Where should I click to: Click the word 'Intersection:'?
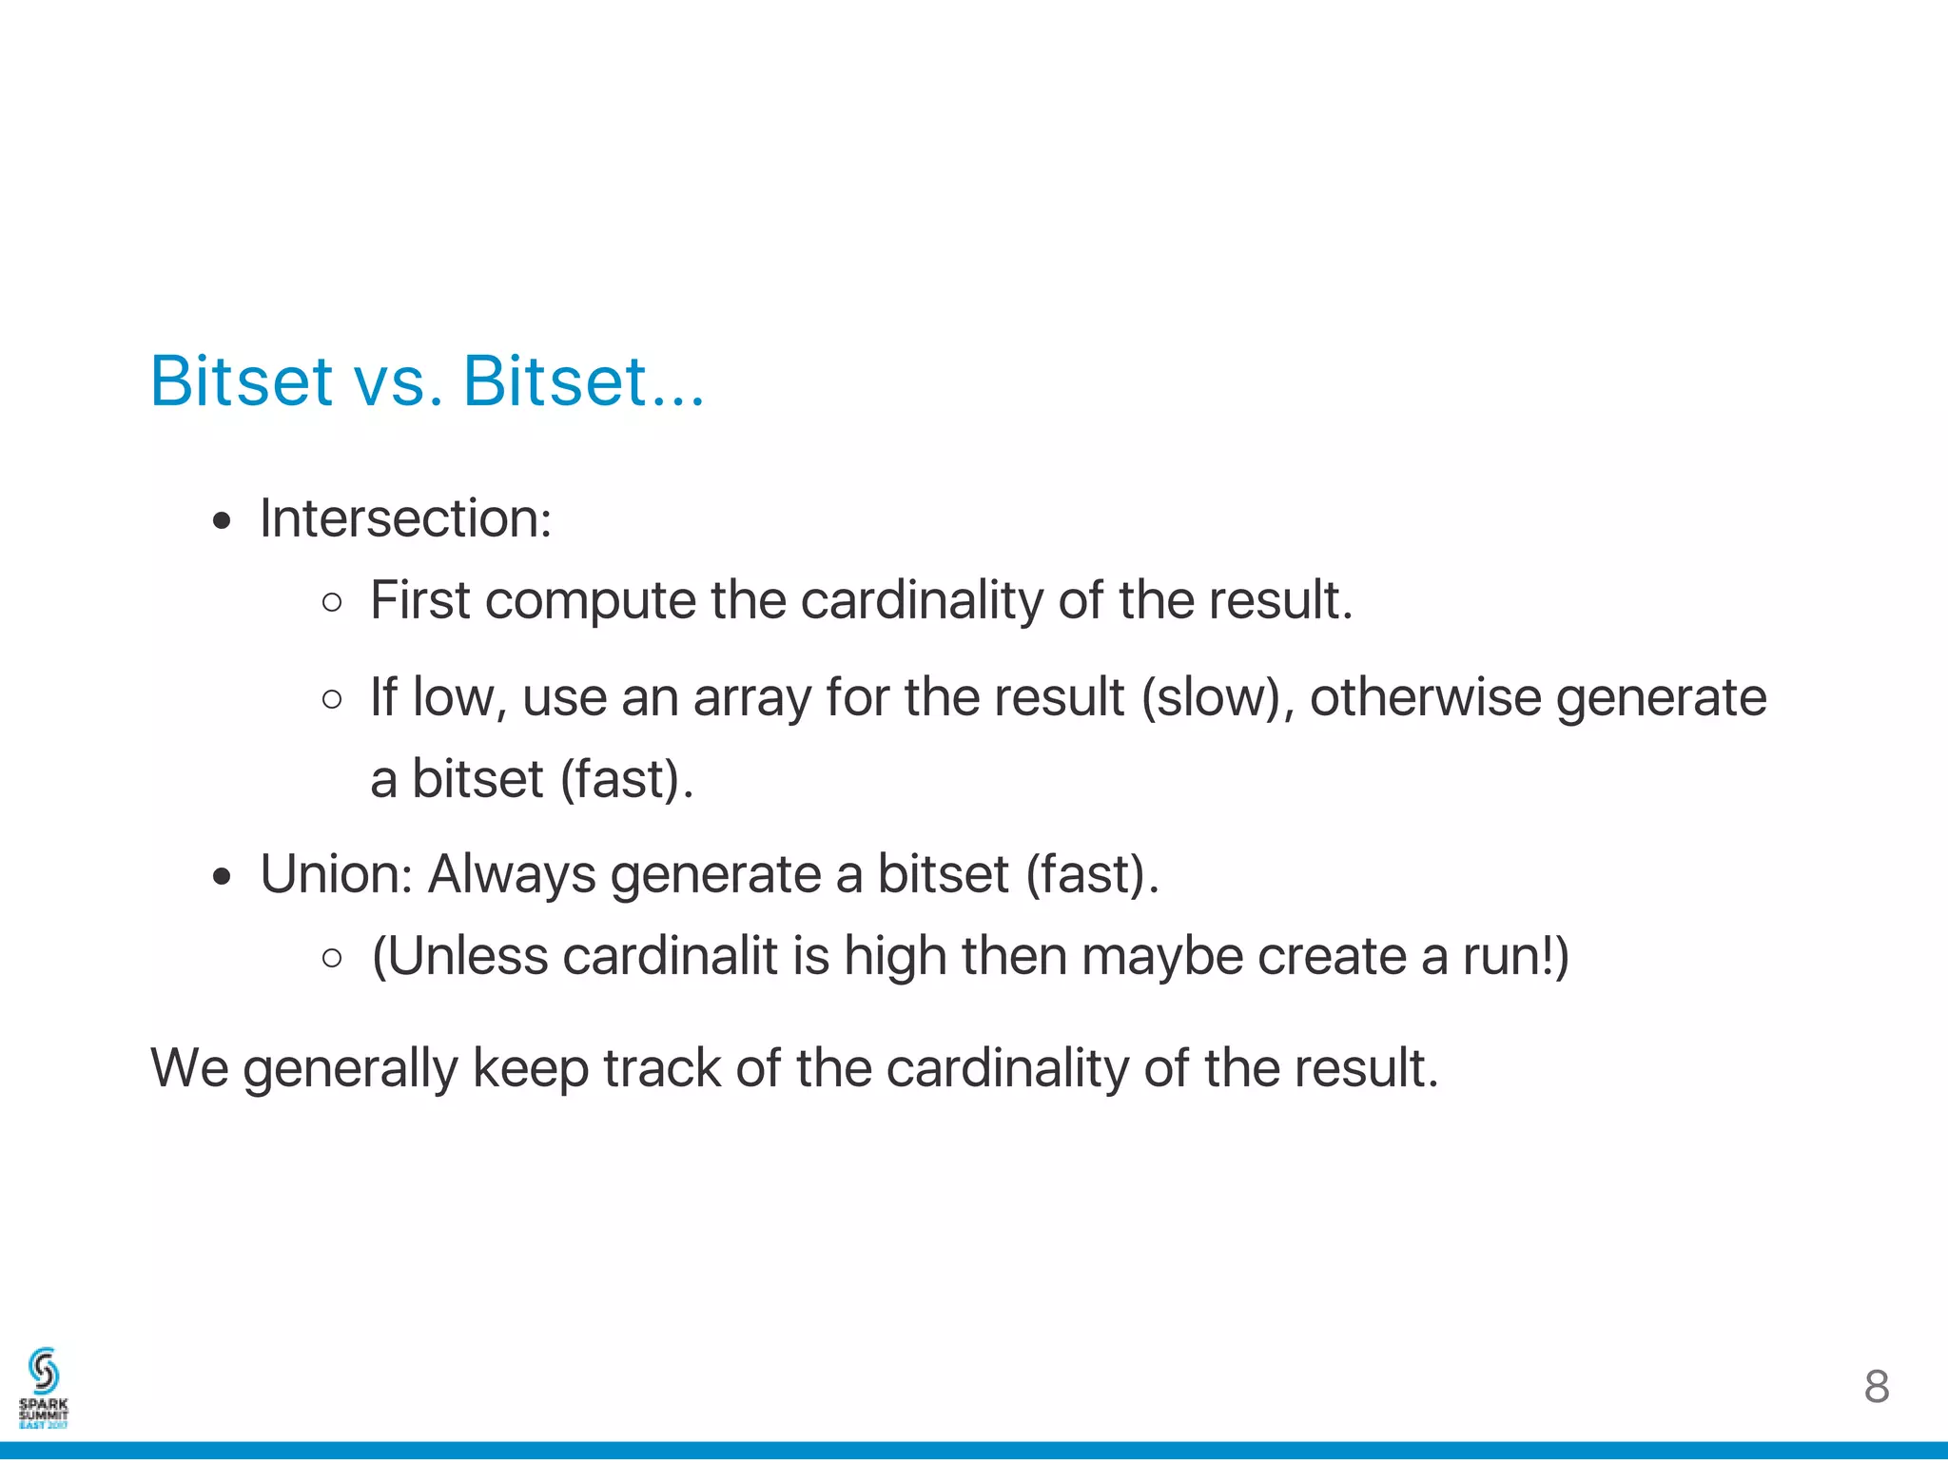pyautogui.click(x=405, y=519)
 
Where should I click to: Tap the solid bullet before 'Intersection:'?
pyautogui.click(x=222, y=521)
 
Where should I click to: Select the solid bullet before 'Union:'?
pyautogui.click(x=222, y=876)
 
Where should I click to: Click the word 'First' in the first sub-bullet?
pyautogui.click(x=419, y=601)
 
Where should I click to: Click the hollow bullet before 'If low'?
pyautogui.click(x=332, y=700)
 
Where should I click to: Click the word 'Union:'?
pyautogui.click(x=336, y=874)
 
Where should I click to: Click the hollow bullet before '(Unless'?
pyautogui.click(x=332, y=959)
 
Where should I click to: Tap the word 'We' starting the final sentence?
pyautogui.click(x=189, y=1068)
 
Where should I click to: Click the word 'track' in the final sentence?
pyautogui.click(x=662, y=1068)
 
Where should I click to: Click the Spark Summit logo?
pyautogui.click(x=44, y=1388)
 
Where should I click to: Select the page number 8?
pyautogui.click(x=1876, y=1387)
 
